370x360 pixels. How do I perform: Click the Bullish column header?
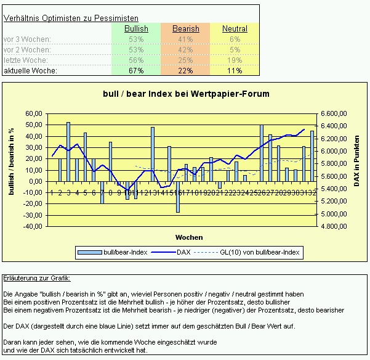pos(136,29)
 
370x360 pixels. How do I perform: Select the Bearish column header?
pos(185,29)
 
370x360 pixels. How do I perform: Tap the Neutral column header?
pos(235,29)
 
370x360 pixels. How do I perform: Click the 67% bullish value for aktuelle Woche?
pos(136,71)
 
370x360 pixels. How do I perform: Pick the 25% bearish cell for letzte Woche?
pos(185,60)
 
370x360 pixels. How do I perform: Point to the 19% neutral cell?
pos(235,60)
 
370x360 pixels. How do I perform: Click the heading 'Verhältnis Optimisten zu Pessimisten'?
pos(71,18)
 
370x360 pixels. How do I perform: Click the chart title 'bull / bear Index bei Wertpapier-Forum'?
pos(186,94)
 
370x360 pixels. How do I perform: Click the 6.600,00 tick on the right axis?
pos(334,114)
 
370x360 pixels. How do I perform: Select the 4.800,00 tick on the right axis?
pos(334,226)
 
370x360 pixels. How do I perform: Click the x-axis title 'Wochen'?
pos(189,237)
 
